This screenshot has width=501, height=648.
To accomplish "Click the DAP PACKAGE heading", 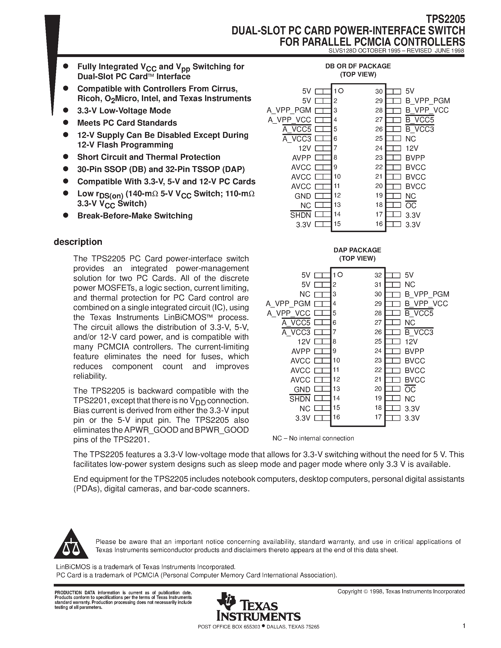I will [x=357, y=250].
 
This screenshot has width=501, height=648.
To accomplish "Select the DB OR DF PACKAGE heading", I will [x=358, y=66].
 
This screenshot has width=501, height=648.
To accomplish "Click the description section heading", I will [x=78, y=242].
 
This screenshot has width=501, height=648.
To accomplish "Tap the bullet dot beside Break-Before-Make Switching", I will [x=66, y=215].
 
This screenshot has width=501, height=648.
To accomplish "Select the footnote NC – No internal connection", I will [x=313, y=438].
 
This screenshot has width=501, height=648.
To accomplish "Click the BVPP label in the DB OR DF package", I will [x=415, y=158].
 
